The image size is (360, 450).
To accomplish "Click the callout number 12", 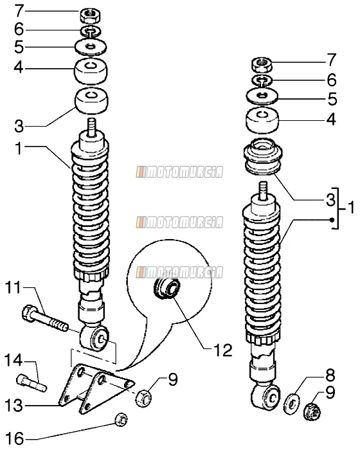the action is coord(223,350).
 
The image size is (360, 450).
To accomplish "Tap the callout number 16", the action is coord(14,439).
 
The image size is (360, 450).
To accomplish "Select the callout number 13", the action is coord(14,405).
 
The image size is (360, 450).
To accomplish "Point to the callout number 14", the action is coord(14,361).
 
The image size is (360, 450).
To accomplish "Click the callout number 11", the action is coord(14,287).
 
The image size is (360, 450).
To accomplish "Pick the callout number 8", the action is coord(329,375).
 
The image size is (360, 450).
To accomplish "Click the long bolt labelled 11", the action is coord(44,319).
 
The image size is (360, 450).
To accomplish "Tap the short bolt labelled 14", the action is coord(32,383).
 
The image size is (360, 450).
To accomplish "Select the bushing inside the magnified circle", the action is coord(167,288).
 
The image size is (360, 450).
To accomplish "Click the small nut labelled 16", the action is coord(121,420).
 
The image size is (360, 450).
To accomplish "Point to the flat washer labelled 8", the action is coord(292,404).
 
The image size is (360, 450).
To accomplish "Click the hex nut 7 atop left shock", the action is coord(90,16).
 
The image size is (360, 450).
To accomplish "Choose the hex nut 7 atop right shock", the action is coord(262,64).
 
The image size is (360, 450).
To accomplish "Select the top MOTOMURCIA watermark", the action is coord(180,172).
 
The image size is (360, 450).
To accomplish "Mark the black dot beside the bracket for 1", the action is coord(332,220).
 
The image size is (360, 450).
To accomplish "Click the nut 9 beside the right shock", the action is coord(312,411).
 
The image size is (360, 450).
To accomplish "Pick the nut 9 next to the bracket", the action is coord(143,397).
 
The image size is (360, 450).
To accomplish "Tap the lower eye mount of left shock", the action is coord(94,338).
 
